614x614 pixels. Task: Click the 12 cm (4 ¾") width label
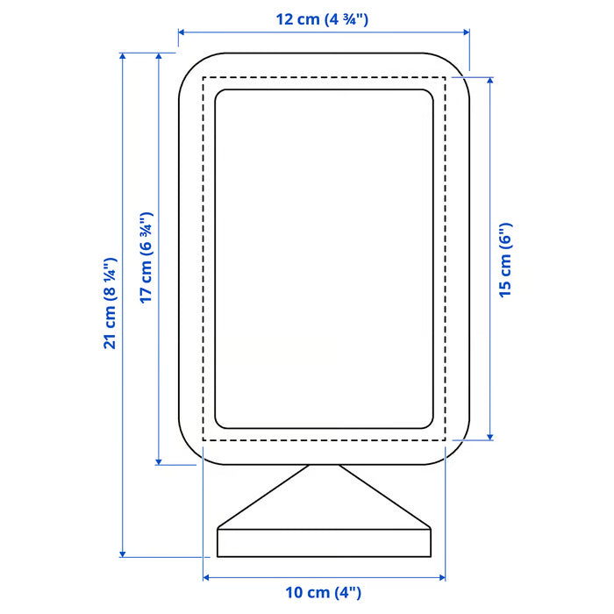pyautogui.click(x=324, y=18)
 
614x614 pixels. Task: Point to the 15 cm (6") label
pyautogui.click(x=506, y=260)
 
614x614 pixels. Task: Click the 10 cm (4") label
pyautogui.click(x=324, y=593)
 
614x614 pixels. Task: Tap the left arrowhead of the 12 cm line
pyautogui.click(x=181, y=33)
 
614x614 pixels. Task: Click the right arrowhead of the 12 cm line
pyautogui.click(x=467, y=33)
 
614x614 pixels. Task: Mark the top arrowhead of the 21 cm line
pyautogui.click(x=123, y=55)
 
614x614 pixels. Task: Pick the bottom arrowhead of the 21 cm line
pyautogui.click(x=123, y=553)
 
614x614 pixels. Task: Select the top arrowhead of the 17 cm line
pyautogui.click(x=159, y=55)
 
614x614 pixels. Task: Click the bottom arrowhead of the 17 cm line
pyautogui.click(x=159, y=461)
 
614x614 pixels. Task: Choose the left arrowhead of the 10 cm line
pyautogui.click(x=206, y=577)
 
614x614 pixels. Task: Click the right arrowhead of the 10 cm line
pyautogui.click(x=443, y=577)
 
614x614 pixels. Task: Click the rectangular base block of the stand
pyautogui.click(x=324, y=542)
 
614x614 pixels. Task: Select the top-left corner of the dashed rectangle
pyautogui.click(x=203, y=77)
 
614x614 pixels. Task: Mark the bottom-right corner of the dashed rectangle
pyautogui.click(x=445, y=439)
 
